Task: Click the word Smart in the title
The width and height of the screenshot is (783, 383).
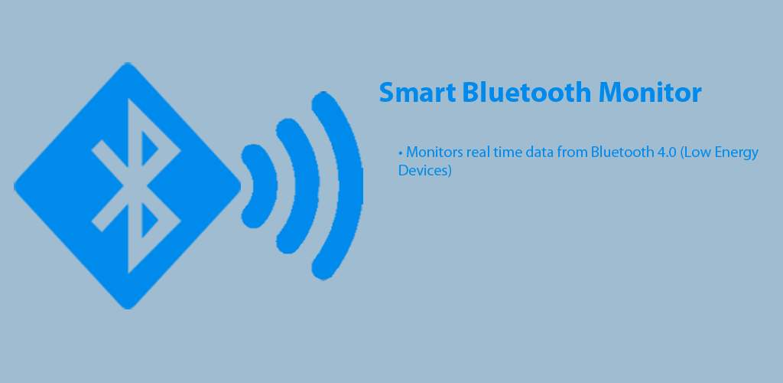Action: (x=417, y=93)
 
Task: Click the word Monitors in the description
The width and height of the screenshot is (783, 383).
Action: (x=434, y=152)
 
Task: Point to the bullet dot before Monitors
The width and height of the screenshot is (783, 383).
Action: (x=401, y=152)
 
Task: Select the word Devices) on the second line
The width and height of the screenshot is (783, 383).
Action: (x=425, y=171)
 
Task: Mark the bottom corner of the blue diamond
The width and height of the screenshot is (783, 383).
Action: (x=128, y=309)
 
